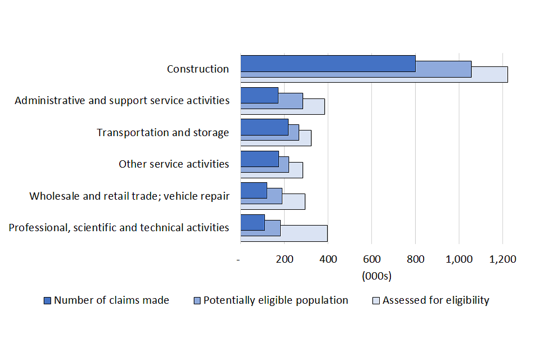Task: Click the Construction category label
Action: pos(198,69)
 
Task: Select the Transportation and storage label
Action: pos(163,133)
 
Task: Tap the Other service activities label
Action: pos(174,164)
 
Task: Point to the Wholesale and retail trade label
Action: pos(129,196)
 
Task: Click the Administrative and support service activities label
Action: pos(122,101)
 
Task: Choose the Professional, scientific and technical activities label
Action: pos(119,228)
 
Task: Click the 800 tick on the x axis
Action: pos(415,259)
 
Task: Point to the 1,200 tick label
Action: pos(502,259)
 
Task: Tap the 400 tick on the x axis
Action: pos(328,259)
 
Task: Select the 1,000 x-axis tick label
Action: pos(458,259)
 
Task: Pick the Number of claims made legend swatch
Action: pos(48,300)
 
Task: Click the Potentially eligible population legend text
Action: pos(276,300)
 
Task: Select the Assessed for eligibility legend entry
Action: pos(435,300)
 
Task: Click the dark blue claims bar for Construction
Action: pos(328,64)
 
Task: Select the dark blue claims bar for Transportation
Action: pos(264,127)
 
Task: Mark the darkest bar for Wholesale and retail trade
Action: pos(254,191)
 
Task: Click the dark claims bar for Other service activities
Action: pos(259,159)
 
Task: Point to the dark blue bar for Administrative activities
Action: pos(259,95)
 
